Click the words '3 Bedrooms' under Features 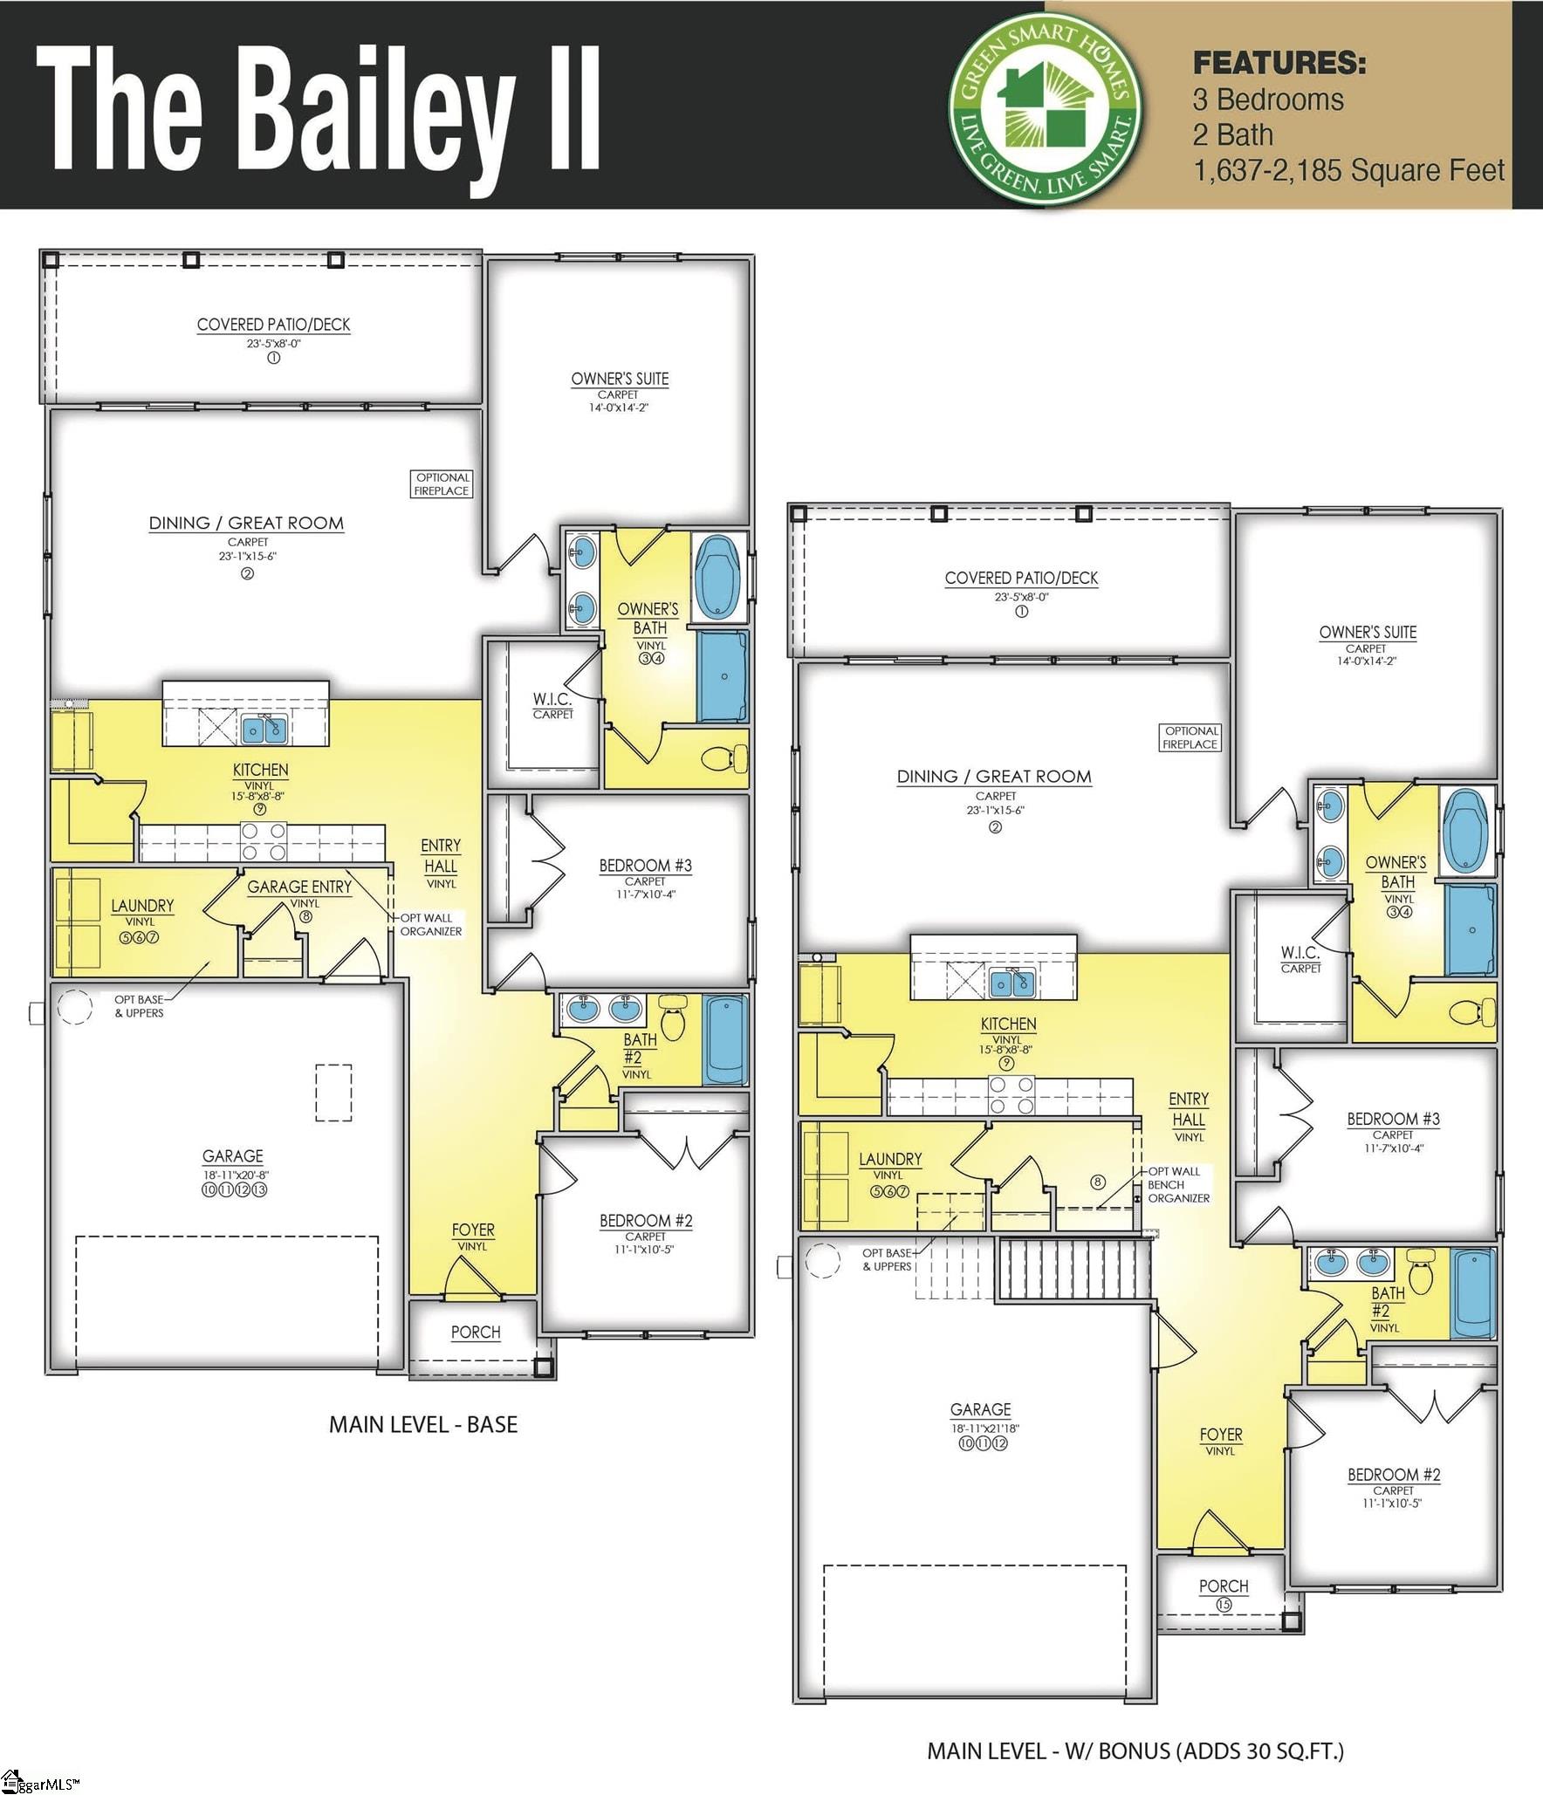pos(1268,99)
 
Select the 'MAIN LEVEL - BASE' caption pos(423,1424)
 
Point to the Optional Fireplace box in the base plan pos(442,484)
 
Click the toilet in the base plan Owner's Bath pos(725,758)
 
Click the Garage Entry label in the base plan pos(299,887)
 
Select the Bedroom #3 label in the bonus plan pos(1393,1119)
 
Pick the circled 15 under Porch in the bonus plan pos(1224,1604)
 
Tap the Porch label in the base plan pos(476,1333)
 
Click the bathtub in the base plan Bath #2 pos(725,1040)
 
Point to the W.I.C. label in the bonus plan pos(1300,954)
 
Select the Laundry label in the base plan pos(142,906)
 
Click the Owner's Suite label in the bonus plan pos(1368,633)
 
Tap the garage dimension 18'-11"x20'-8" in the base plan pos(233,1175)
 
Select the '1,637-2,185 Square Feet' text pos(1348,170)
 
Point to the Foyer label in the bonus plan pos(1220,1435)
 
